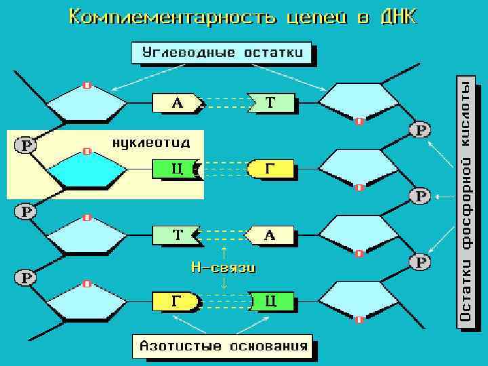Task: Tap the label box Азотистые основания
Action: (x=223, y=346)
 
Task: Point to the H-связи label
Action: (x=224, y=268)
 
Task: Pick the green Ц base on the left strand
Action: (x=175, y=169)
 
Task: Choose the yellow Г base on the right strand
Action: (x=271, y=169)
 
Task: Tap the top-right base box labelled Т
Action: (x=271, y=103)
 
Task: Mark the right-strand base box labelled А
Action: (x=270, y=235)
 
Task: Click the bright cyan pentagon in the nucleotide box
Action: (x=87, y=170)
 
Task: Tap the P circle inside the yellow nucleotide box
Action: (x=26, y=145)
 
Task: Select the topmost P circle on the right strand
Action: (x=422, y=129)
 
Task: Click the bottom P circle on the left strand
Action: (x=26, y=277)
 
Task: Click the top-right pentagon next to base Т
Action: (x=358, y=103)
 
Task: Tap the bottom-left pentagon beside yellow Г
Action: (x=87, y=302)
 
